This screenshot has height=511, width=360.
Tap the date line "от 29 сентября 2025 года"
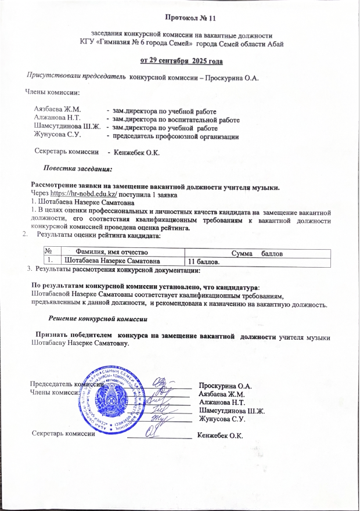coord(181,61)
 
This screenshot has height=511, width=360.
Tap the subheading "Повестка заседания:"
coord(81,168)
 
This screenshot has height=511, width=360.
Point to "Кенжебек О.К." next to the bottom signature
coord(220,435)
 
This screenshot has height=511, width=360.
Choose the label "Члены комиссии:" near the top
coord(52,91)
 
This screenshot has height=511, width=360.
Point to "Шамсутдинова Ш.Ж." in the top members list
coord(67,127)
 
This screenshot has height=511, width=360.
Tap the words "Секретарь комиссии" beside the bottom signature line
coord(63,434)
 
